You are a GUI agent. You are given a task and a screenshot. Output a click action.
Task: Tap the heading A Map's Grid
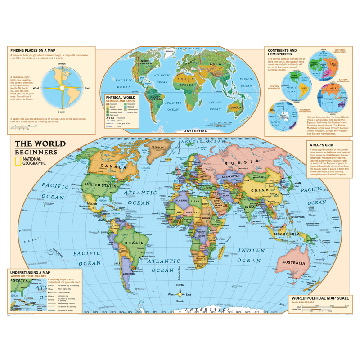323,145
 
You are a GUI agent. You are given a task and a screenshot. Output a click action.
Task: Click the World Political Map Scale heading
319,297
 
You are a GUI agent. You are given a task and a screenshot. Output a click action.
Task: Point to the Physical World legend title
119,96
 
